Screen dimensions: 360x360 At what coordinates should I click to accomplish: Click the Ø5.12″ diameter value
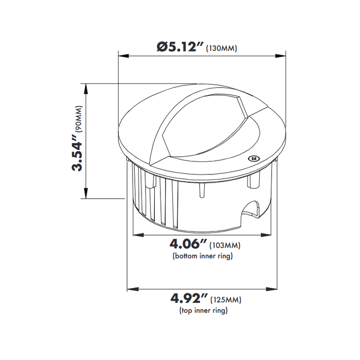178,47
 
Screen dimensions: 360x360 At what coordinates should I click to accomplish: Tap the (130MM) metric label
221,49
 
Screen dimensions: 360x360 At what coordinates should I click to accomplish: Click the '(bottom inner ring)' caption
202,256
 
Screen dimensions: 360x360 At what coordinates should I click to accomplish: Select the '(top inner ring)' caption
204,310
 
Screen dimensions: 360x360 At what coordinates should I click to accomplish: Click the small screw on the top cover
253,159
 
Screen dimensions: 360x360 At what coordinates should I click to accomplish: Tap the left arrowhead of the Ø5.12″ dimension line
121,56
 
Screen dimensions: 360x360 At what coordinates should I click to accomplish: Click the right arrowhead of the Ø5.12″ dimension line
283,56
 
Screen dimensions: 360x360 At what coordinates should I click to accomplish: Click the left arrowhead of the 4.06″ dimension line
136,235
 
